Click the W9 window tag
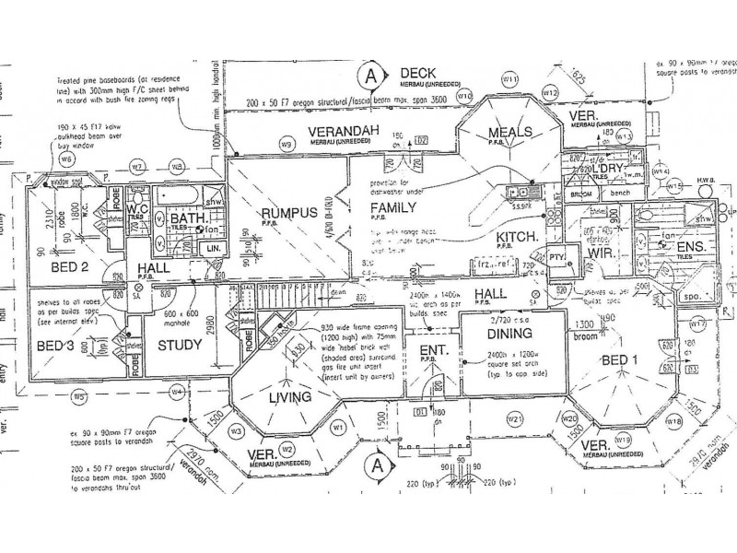(287, 144)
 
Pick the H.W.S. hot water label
(702, 179)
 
